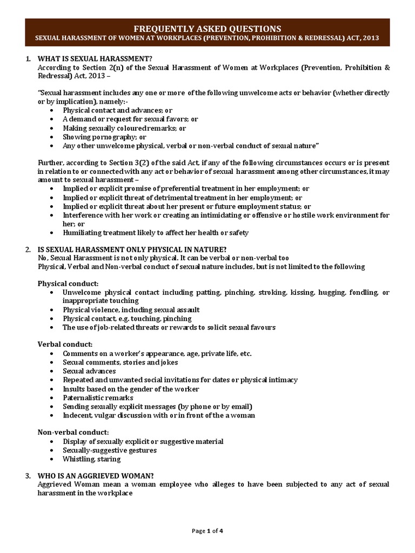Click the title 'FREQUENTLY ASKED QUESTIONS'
207,28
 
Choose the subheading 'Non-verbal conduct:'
73,432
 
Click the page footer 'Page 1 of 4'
207,531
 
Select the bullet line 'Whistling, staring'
92,459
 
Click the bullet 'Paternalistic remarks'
98,397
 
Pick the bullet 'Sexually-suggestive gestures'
110,450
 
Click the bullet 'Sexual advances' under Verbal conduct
89,371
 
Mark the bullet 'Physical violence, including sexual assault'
131,309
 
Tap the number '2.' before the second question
28,249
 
